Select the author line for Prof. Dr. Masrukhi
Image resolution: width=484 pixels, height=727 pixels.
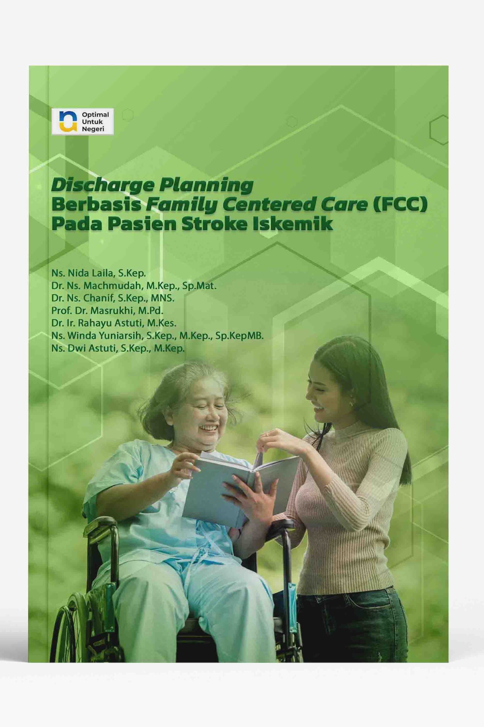(107, 311)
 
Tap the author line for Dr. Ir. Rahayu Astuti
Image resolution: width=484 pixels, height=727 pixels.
(114, 323)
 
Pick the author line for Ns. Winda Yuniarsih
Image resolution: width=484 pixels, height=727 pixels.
(158, 336)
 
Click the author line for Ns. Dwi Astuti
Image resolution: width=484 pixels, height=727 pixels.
(118, 349)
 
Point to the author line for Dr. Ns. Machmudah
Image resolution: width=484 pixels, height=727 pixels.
(134, 286)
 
